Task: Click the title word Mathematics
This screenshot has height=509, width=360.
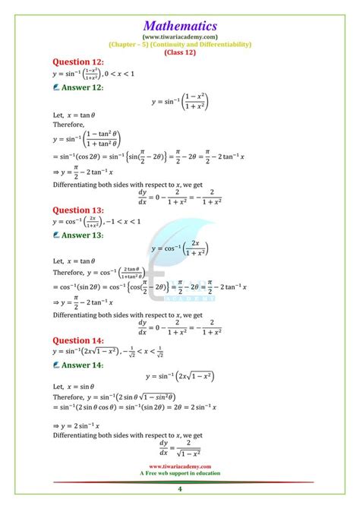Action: coord(179,24)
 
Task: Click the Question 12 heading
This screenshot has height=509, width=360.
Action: coord(80,61)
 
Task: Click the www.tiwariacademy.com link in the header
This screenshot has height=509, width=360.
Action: coord(180,36)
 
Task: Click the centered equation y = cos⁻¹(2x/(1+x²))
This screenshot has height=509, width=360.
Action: coord(180,248)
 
